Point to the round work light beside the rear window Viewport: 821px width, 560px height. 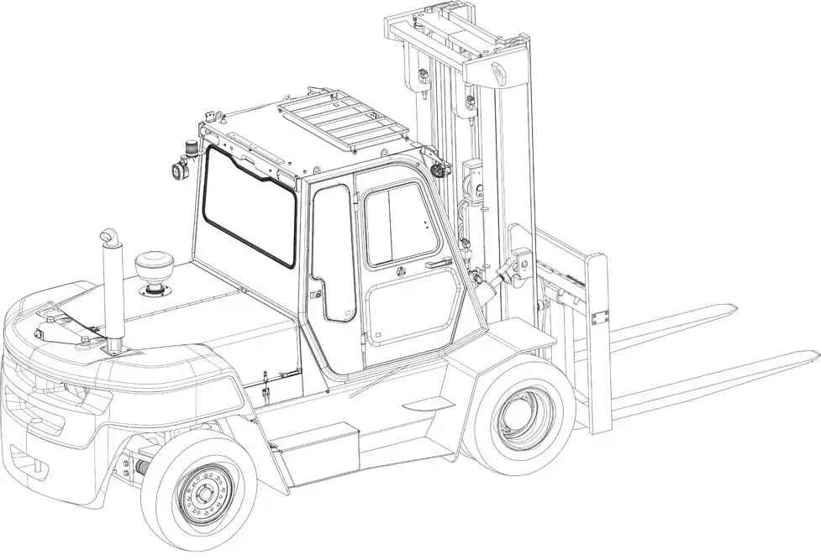[x=177, y=170]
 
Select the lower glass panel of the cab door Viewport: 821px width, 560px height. [x=413, y=313]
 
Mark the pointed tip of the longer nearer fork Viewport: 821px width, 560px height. [x=813, y=354]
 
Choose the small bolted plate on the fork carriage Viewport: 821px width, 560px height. [x=599, y=317]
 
